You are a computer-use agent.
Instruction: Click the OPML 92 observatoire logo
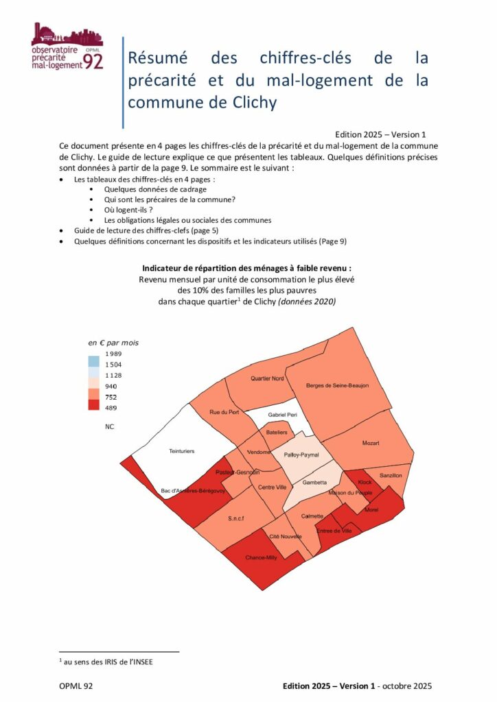pyautogui.click(x=67, y=47)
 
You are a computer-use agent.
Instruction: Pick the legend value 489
pyautogui.click(x=111, y=408)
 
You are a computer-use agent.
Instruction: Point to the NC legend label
pyautogui.click(x=109, y=426)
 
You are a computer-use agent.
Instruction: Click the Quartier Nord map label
pyautogui.click(x=267, y=378)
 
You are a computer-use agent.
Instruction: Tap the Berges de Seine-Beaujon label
pyautogui.click(x=337, y=386)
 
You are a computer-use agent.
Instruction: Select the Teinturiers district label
pyautogui.click(x=182, y=451)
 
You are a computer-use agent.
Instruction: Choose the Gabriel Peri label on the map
pyautogui.click(x=282, y=415)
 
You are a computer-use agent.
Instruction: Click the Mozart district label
pyautogui.click(x=371, y=444)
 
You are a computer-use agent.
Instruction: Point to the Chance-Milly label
pyautogui.click(x=261, y=558)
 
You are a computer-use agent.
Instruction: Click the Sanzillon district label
pyautogui.click(x=391, y=475)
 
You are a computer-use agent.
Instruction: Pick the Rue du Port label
pyautogui.click(x=224, y=412)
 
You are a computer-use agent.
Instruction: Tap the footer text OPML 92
pyautogui.click(x=76, y=686)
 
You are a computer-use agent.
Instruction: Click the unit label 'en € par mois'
pyautogui.click(x=113, y=342)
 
